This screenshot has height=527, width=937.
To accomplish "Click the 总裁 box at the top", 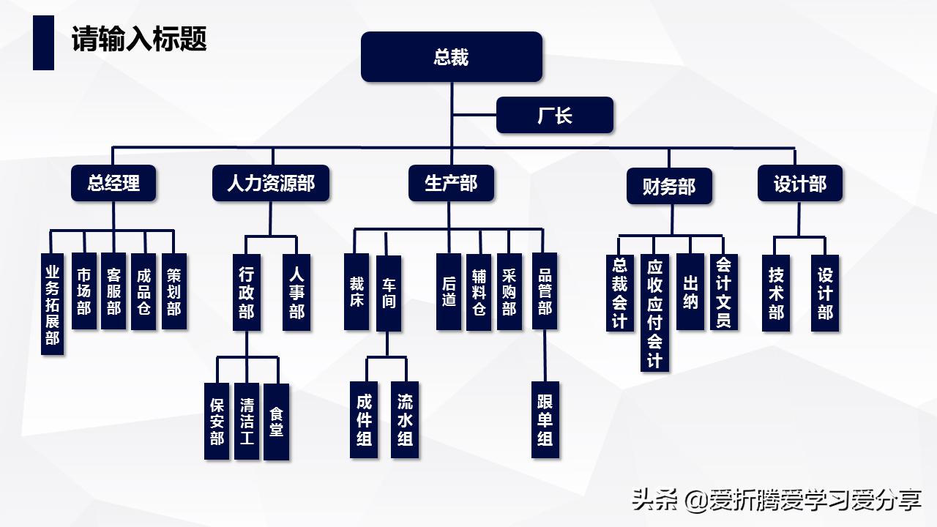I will [451, 57].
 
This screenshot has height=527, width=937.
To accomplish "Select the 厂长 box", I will [554, 116].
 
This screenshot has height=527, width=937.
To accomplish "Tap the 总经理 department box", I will [113, 183].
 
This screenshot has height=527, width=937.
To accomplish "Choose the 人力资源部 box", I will [271, 183].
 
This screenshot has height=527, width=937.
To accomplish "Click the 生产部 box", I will [450, 183].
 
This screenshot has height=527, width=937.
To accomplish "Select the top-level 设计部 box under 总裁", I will [799, 183].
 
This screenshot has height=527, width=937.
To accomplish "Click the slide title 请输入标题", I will [139, 39].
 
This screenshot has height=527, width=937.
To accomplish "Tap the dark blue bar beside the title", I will [43, 43].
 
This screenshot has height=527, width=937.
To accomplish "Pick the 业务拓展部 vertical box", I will [51, 304].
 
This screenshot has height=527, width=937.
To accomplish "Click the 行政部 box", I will [247, 292].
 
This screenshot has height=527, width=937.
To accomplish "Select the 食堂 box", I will [276, 422].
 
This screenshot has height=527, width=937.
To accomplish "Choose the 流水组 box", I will [405, 420].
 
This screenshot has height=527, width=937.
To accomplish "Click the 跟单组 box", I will [545, 420].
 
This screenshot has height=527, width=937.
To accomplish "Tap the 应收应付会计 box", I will [654, 313].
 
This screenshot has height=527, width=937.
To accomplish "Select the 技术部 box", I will [776, 293].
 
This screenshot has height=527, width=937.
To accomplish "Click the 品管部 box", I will [545, 291].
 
